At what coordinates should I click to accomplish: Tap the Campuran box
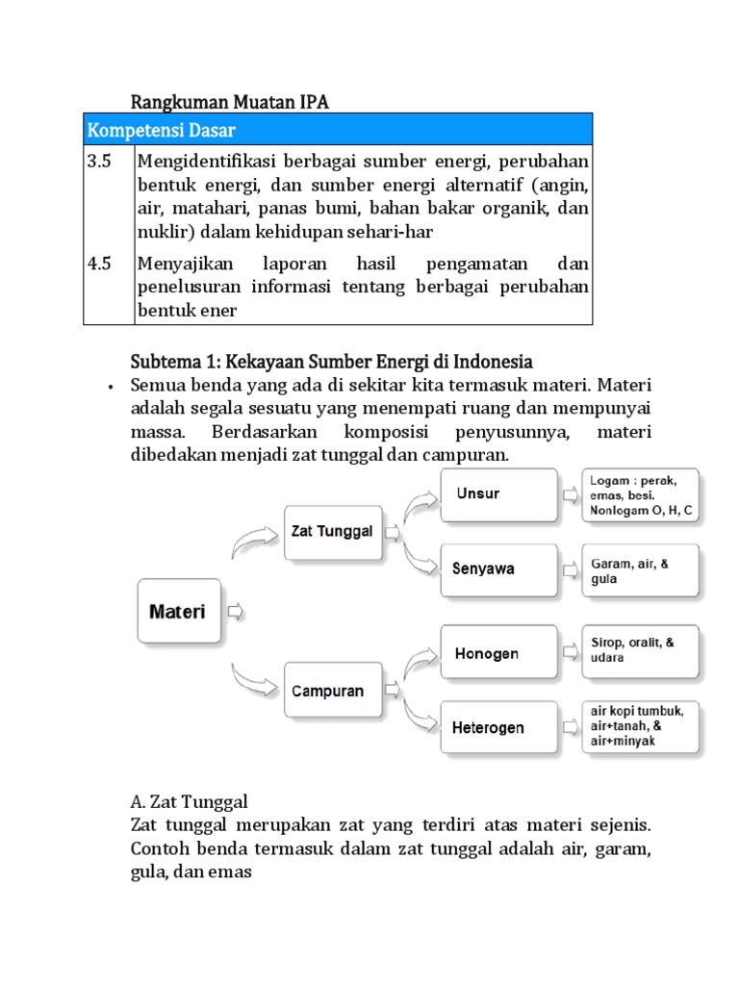[329, 691]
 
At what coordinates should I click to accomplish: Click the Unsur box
[497, 494]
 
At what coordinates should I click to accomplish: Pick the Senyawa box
[497, 568]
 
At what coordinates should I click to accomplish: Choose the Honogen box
[497, 654]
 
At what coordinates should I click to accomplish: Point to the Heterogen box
[497, 727]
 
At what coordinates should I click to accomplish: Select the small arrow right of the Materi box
[236, 612]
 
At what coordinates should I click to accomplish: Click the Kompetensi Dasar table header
[338, 129]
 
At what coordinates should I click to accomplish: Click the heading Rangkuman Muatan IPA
[229, 101]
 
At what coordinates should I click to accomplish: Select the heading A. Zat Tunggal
[189, 800]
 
